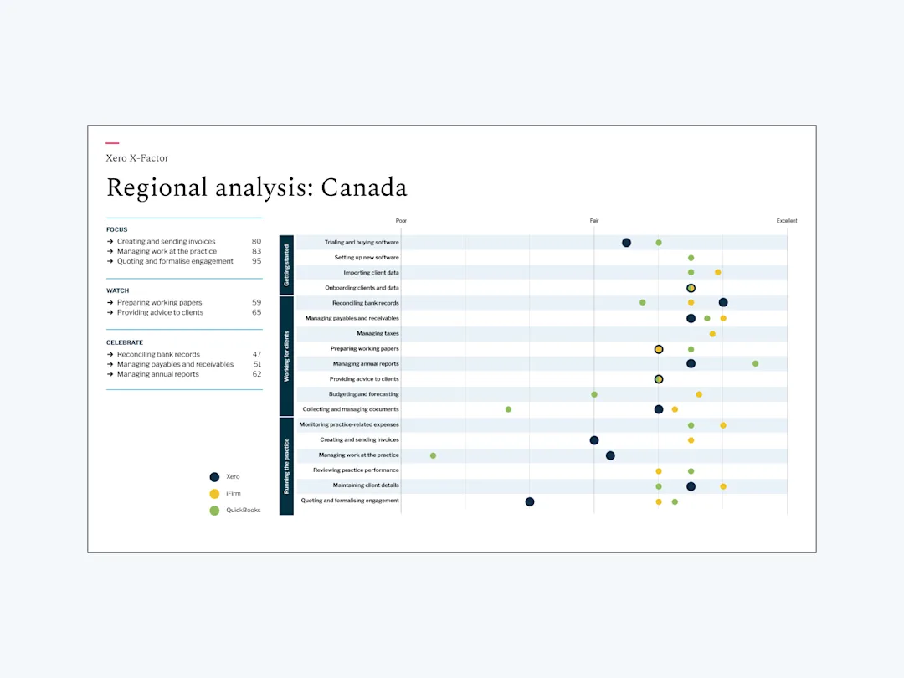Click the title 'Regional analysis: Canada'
tap(257, 188)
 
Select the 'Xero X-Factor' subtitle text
tap(137, 158)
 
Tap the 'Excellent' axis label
tap(786, 221)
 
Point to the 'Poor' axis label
tap(401, 221)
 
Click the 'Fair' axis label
tap(594, 221)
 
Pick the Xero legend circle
tap(214, 477)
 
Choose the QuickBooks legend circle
tap(214, 511)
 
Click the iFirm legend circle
tap(214, 494)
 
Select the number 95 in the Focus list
tap(257, 261)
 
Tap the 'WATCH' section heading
tap(118, 290)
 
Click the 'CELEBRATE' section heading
tap(125, 342)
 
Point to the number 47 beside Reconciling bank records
tap(257, 355)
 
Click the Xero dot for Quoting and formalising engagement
tap(530, 501)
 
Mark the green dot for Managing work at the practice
tap(433, 455)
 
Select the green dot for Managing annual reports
tap(755, 364)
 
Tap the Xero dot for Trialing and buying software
tap(627, 243)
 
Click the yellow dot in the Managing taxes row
tap(712, 334)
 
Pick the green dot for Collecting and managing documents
tap(508, 409)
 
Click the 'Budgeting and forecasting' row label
tap(364, 394)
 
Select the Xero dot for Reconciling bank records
tap(723, 303)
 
